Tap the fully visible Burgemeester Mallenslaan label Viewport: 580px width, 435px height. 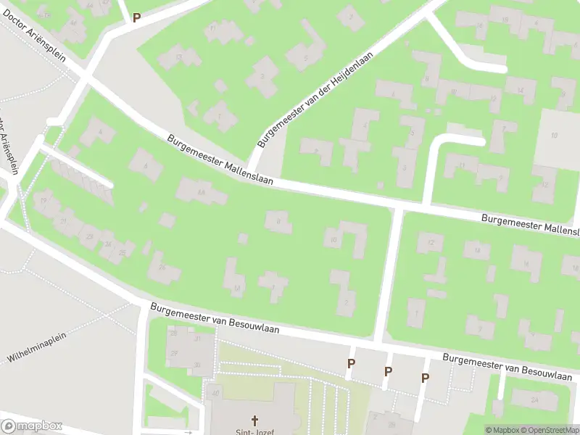220,159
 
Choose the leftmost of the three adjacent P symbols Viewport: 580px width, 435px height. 351,364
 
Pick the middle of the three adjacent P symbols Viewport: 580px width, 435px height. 388,371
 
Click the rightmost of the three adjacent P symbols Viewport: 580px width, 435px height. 425,378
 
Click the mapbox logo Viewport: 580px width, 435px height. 32,426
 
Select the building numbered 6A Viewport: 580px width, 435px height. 201,191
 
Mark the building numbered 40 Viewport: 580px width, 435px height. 215,394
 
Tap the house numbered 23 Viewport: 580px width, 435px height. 91,236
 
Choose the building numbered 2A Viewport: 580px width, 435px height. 534,399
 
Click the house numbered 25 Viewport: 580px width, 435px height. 123,252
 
